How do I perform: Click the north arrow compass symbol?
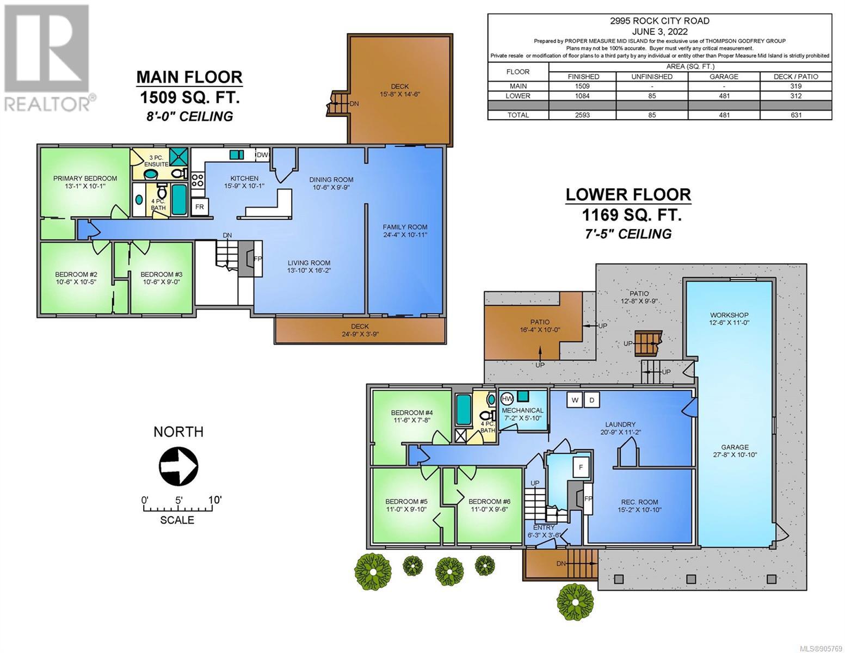tap(178, 466)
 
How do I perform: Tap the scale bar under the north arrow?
tap(178, 508)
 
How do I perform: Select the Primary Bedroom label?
tap(85, 178)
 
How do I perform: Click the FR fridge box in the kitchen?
tap(200, 207)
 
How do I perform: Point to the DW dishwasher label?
tap(262, 155)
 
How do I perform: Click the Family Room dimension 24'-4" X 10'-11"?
tap(405, 235)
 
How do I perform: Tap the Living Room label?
tap(309, 263)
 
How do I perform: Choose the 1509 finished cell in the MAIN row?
tap(582, 87)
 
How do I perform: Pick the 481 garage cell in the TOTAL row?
tap(724, 115)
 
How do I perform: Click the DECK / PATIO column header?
tap(796, 77)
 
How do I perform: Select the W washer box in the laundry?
tap(575, 400)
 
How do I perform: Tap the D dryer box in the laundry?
tap(592, 400)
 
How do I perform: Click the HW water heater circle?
tap(507, 399)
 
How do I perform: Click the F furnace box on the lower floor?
tap(581, 467)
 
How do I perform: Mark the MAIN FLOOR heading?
tap(189, 77)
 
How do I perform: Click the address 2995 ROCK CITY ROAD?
tap(659, 21)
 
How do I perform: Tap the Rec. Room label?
tap(639, 502)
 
